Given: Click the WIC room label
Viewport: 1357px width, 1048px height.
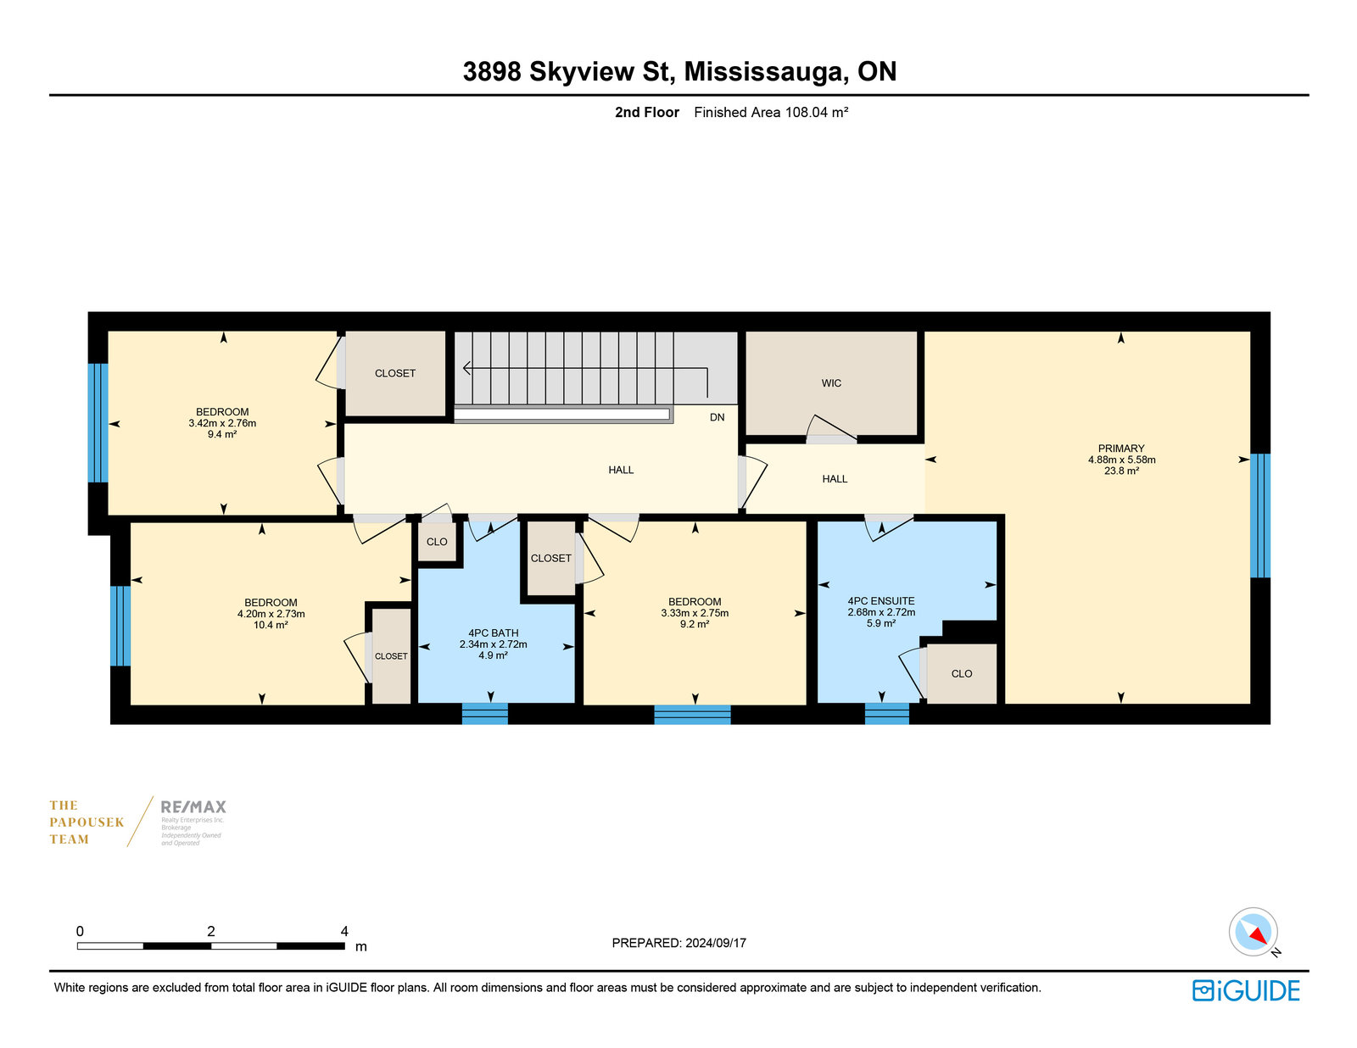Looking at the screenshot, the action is [830, 382].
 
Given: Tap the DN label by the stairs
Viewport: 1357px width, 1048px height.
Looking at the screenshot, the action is [717, 417].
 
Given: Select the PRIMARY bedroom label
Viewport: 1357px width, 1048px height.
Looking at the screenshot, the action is [1120, 449].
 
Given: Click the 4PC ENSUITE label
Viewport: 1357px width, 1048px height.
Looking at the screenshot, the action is [880, 600].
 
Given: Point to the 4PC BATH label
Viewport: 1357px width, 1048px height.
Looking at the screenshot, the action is [493, 633].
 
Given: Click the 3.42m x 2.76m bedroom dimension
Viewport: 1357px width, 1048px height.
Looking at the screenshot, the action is [221, 423].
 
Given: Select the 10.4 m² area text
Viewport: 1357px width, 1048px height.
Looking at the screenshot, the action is [270, 625].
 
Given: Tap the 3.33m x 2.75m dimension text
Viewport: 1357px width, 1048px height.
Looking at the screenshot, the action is [695, 613].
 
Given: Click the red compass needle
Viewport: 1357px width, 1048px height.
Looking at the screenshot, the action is [1259, 936].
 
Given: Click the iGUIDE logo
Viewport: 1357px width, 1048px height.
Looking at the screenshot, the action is [1245, 990].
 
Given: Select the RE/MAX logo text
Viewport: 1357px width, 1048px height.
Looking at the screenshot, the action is [193, 807].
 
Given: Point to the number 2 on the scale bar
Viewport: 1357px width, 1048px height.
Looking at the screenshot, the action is [211, 931].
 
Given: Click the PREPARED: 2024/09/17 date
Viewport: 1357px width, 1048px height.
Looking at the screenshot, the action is [678, 943].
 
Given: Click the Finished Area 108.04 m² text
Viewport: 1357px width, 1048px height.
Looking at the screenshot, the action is [771, 113].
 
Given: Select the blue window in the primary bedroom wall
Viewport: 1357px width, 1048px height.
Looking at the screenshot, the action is [1259, 516].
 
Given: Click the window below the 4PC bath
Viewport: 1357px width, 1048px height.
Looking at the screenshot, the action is [484, 713].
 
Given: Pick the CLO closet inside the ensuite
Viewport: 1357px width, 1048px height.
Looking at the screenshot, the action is [961, 673].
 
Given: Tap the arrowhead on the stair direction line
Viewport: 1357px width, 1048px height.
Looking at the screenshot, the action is [466, 368].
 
